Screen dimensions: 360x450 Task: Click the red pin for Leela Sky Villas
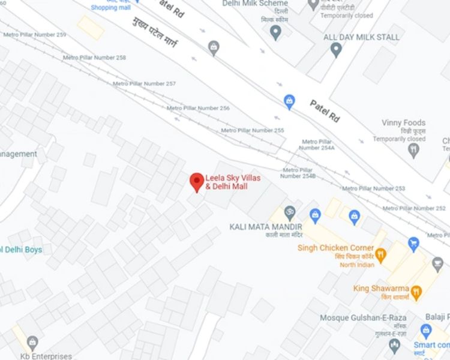coord(197,181)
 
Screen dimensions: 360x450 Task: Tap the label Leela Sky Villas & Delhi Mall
coord(227,182)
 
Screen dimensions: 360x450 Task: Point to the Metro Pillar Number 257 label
coord(144,83)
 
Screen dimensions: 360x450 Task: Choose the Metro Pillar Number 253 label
coord(373,188)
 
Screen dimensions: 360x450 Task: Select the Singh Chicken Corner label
coord(335,248)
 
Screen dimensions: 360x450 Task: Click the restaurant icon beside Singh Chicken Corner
coord(380,254)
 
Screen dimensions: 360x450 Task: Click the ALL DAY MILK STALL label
coord(361,37)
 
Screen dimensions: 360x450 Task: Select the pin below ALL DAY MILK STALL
coord(336,50)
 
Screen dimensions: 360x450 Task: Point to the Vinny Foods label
coord(403,123)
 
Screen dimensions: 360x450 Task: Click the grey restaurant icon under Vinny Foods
coord(413,150)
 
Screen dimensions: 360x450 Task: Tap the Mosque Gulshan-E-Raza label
coord(363,317)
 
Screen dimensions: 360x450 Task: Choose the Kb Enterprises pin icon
coord(32,343)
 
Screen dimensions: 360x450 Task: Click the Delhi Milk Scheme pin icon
coord(275,32)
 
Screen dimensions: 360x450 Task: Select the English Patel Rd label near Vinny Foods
coord(325,111)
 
